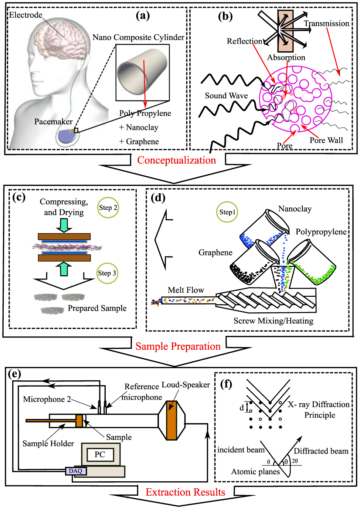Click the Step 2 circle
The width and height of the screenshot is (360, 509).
[108, 208]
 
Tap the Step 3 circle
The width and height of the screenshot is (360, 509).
[107, 273]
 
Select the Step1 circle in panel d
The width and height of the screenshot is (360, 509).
[227, 212]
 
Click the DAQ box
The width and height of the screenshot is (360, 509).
[76, 471]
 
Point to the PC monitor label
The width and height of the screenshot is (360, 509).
[100, 454]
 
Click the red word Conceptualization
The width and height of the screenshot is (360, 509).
[176, 160]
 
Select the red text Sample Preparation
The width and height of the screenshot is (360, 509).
[178, 346]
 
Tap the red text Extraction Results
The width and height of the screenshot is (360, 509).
[185, 492]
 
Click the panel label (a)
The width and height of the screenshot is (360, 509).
[143, 16]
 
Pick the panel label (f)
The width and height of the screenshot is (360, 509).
[226, 384]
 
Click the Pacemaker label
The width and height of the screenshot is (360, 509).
[53, 122]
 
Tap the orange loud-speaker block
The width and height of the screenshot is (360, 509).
[171, 420]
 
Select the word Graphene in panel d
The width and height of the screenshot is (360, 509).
[215, 252]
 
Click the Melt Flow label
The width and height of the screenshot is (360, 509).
[186, 290]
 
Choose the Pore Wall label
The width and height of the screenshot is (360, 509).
[326, 140]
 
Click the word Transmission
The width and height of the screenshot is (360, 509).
[326, 24]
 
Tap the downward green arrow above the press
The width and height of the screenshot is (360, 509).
[64, 225]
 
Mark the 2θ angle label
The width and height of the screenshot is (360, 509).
[295, 461]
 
